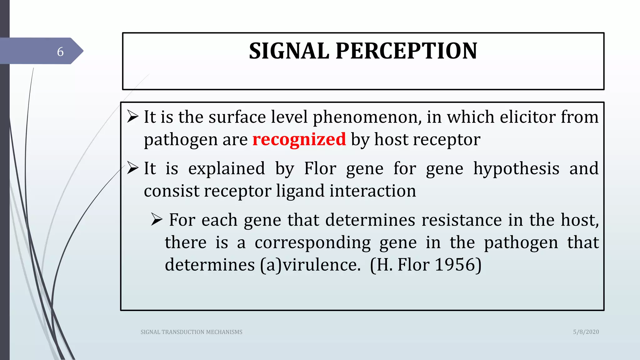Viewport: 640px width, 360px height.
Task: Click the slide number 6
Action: pos(60,52)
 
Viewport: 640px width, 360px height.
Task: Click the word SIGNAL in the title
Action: pos(289,51)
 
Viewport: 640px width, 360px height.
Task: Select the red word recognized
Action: pos(299,139)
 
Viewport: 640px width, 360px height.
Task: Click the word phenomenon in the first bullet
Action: pos(367,117)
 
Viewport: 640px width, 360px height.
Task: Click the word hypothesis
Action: pos(516,169)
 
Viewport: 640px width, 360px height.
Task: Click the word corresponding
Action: pos(312,243)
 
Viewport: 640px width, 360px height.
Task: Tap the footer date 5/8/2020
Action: pos(586,332)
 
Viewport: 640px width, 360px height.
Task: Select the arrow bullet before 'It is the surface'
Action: pos(133,117)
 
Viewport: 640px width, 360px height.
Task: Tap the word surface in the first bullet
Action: pos(237,117)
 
